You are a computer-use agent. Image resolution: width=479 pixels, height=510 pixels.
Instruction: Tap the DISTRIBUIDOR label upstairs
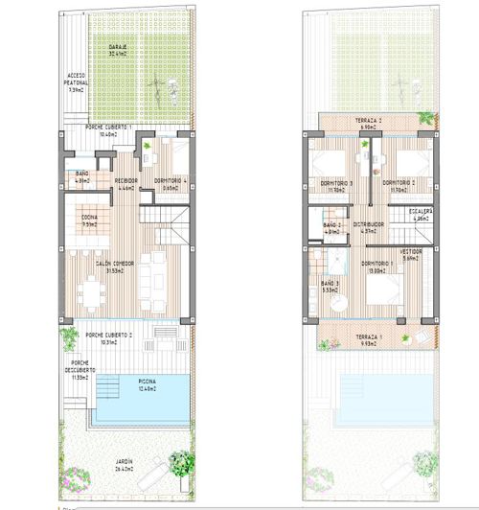tap(368, 227)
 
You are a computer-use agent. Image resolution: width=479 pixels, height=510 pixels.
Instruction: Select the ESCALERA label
tap(421, 214)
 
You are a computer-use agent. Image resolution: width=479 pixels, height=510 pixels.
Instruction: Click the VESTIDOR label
tap(411, 254)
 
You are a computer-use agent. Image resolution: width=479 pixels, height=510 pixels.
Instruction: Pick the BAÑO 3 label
tap(330, 286)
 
